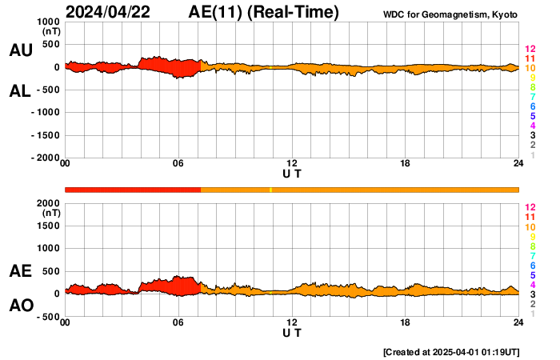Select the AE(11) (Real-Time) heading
coord(263,12)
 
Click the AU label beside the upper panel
coord(20,50)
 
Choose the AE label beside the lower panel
coord(20,271)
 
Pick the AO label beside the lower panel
coord(20,306)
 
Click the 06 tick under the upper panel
coord(178,164)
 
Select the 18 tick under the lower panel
coord(406,322)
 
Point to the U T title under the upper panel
coord(292,174)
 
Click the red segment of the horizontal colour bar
coord(133,190)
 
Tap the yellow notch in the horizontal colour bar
coord(270,190)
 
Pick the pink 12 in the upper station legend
coord(530,50)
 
